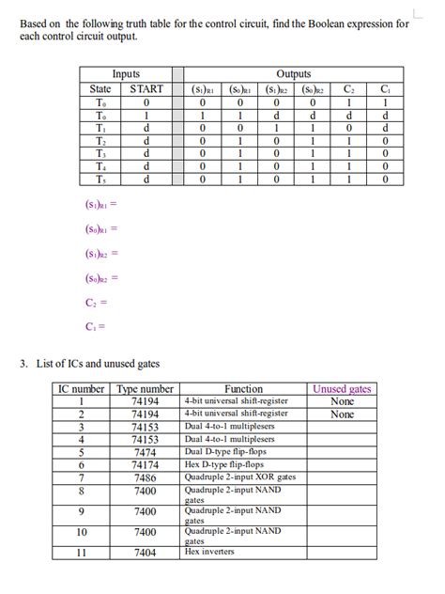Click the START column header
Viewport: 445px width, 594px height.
coord(146,89)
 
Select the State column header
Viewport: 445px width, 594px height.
coord(100,89)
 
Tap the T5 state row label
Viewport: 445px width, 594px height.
coord(100,179)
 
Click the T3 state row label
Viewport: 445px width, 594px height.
coord(100,153)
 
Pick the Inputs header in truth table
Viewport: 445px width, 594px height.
coord(126,73)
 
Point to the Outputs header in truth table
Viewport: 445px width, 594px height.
coord(294,73)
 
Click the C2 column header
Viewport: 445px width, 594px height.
coord(349,89)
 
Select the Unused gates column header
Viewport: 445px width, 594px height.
coord(342,388)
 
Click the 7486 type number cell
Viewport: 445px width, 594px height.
coord(145,477)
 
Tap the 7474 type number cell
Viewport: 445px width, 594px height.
coord(145,451)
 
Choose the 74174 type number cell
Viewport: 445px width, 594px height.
coord(145,464)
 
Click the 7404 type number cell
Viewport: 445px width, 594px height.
coord(145,553)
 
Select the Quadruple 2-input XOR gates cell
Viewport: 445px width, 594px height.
coord(240,477)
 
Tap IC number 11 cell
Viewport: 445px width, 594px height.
coord(82,553)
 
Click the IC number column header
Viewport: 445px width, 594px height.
coord(82,388)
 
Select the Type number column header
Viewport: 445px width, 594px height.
coord(145,388)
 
